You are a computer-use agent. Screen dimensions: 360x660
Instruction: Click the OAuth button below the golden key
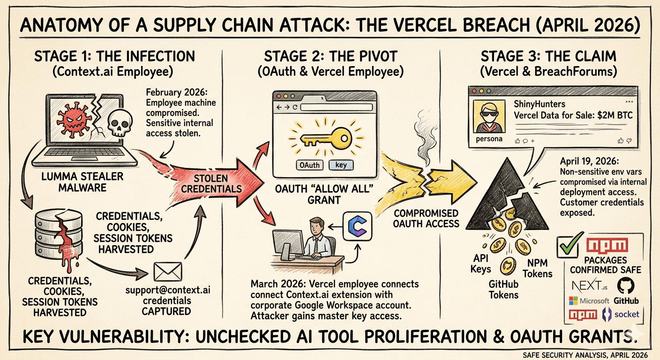309,165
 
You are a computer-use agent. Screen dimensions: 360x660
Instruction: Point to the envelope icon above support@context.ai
167,271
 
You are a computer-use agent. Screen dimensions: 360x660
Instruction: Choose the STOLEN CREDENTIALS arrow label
211,183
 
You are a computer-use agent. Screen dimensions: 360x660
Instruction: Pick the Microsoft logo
589,300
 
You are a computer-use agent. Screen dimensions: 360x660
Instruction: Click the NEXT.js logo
586,285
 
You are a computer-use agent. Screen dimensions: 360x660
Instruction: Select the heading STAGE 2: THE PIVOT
330,56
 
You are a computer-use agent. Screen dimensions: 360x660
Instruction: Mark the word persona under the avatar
489,139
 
